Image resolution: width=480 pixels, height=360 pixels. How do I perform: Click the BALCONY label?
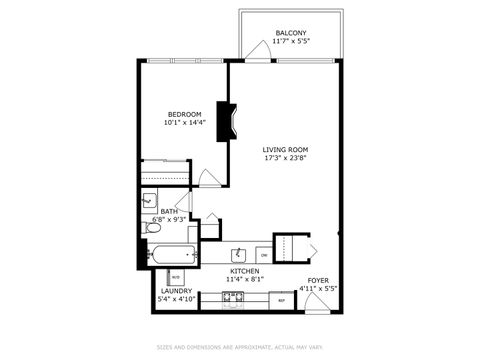click(290, 33)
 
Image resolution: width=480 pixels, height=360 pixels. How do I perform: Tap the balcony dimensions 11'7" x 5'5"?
click(290, 42)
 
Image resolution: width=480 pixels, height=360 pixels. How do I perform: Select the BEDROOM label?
click(185, 114)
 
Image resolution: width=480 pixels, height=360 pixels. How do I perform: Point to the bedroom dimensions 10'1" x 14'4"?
click(185, 123)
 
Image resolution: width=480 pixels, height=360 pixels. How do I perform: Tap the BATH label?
click(169, 211)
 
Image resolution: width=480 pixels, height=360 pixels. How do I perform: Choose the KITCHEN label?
click(245, 271)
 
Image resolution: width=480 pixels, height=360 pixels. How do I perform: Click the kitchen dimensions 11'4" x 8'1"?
click(245, 280)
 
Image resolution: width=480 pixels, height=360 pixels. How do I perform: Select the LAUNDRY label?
click(176, 291)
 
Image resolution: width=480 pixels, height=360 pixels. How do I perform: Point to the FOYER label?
click(318, 280)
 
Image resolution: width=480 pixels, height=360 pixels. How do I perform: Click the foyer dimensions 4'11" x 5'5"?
click(318, 289)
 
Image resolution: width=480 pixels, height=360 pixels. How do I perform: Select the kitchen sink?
click(240, 253)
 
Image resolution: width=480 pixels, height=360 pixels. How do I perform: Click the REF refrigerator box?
click(282, 299)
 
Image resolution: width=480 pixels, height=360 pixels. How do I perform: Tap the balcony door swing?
click(258, 53)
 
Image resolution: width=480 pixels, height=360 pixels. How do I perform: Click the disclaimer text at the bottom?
click(240, 348)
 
